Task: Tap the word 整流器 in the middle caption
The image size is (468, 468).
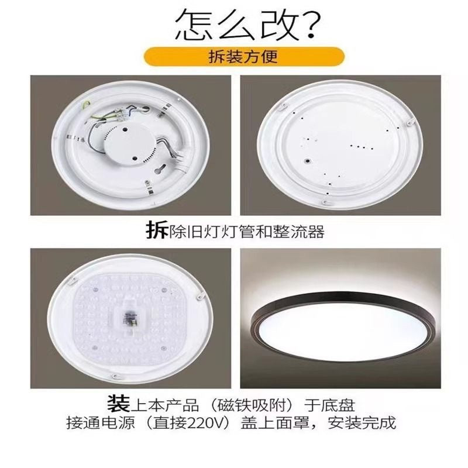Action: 304,232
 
